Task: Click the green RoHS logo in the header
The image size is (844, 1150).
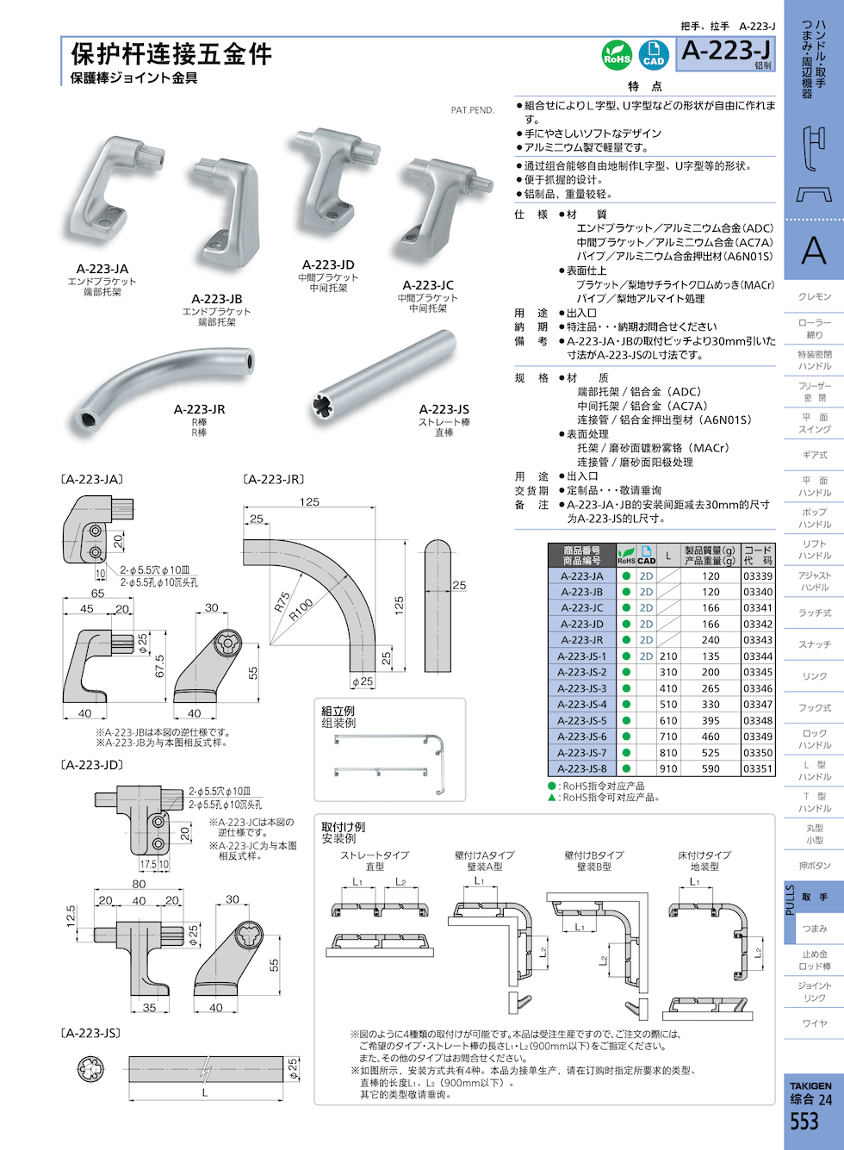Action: [x=617, y=56]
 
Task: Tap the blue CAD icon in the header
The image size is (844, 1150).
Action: [x=654, y=55]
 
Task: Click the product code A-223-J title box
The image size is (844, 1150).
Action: [x=725, y=53]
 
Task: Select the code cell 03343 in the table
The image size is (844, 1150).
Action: [x=758, y=640]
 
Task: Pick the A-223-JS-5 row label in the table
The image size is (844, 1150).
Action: [x=581, y=720]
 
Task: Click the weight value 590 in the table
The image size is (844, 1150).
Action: [x=711, y=768]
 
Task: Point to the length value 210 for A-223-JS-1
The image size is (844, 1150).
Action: [x=668, y=656]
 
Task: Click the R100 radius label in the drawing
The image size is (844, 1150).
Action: [x=301, y=610]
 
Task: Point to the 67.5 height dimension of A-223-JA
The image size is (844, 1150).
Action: [x=160, y=667]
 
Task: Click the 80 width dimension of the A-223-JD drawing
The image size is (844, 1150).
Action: [x=139, y=884]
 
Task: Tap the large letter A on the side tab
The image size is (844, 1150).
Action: [x=813, y=251]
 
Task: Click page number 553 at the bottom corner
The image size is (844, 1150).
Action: [x=804, y=1121]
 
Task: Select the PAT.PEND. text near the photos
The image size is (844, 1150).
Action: [x=472, y=110]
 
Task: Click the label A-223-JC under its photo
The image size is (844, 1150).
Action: [x=427, y=285]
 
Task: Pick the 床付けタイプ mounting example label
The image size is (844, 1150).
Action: [x=704, y=855]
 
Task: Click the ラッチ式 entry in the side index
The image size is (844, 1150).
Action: [x=814, y=613]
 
